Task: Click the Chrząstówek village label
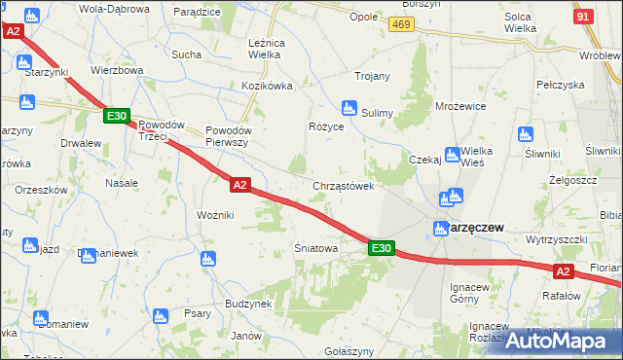click(344, 186)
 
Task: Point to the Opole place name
click(363, 18)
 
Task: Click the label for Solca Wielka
click(521, 23)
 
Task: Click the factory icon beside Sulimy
click(348, 108)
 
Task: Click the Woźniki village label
click(215, 214)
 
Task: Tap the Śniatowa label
click(315, 248)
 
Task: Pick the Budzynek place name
click(247, 304)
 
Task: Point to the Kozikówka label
click(267, 86)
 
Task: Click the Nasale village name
click(121, 183)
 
